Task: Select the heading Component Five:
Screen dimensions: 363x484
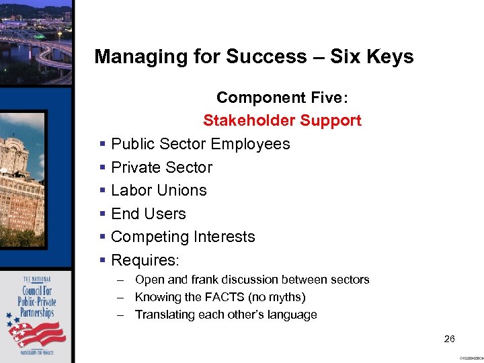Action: tap(282, 97)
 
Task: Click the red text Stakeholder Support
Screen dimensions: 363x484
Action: tap(282, 121)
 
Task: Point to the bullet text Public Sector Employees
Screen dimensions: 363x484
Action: tap(200, 144)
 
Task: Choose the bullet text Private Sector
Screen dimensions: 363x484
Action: tap(161, 167)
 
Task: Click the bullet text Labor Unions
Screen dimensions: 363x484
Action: tap(159, 190)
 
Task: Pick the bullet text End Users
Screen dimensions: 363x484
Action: tap(149, 214)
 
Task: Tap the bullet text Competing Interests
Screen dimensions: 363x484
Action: tap(183, 237)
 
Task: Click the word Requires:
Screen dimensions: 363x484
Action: tap(145, 259)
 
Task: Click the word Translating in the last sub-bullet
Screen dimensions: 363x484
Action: tap(161, 315)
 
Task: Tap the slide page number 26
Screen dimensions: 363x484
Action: tap(450, 339)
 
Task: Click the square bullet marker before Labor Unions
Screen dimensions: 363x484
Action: tap(102, 191)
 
